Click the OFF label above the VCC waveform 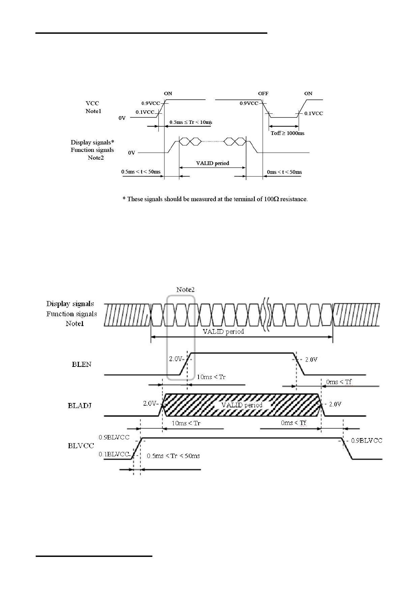263,93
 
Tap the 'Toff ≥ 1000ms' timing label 288,133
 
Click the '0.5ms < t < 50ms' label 141,172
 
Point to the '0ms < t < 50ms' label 285,172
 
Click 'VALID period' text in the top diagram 213,163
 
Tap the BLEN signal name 82,365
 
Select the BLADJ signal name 80,406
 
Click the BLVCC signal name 81,446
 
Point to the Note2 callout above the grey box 185,290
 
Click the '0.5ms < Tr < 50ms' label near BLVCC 174,456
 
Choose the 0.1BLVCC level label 114,454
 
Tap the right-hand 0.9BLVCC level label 367,441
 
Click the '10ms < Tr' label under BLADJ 186,423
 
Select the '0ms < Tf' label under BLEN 339,382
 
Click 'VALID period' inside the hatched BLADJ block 242,405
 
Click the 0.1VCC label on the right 314,113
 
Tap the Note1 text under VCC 93,111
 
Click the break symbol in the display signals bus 265,314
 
